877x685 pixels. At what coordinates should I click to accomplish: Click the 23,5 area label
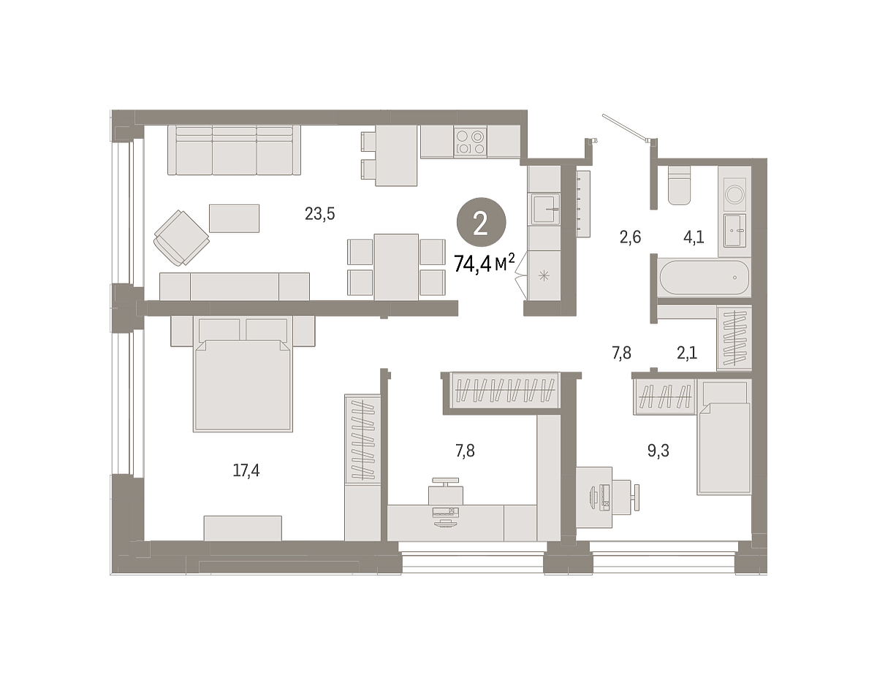(x=319, y=214)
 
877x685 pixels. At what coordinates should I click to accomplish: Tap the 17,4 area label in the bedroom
(x=246, y=470)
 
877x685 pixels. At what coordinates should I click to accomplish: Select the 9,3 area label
(x=658, y=451)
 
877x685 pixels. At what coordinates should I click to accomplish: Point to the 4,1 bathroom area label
(x=694, y=237)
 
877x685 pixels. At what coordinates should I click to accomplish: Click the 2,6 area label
(x=630, y=237)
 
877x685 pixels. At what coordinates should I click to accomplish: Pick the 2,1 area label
(x=687, y=353)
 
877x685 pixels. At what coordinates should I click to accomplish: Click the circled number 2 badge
(x=481, y=222)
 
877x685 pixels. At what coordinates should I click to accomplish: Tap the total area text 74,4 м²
(x=485, y=264)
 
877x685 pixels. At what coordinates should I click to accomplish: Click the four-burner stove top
(x=470, y=142)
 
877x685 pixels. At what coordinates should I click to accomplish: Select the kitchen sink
(x=545, y=208)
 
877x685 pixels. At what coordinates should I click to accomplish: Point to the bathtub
(x=705, y=278)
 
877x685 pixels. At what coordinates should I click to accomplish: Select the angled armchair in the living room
(x=181, y=238)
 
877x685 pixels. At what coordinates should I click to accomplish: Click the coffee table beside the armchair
(x=234, y=218)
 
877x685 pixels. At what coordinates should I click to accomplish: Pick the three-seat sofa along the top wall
(x=234, y=150)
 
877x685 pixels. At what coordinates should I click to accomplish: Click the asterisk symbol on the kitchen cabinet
(x=544, y=276)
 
